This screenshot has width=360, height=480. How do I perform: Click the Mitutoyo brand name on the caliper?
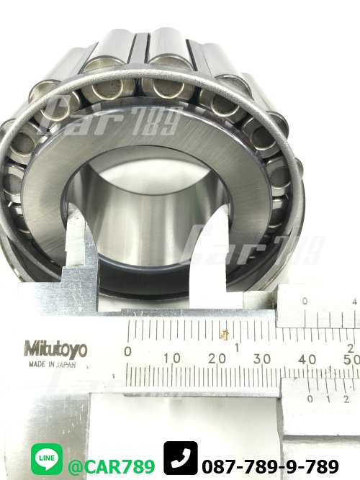tap(55, 350)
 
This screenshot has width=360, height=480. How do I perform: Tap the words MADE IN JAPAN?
tap(52, 365)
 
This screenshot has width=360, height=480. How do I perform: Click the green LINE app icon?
tap(47, 459)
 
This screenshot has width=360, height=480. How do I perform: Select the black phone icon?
tap(181, 458)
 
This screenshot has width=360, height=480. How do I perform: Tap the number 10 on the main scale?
tap(172, 358)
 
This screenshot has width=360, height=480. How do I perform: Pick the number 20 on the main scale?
tap(217, 358)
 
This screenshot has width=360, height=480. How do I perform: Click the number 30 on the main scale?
tap(261, 359)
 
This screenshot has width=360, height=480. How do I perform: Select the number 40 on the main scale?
tap(307, 359)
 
